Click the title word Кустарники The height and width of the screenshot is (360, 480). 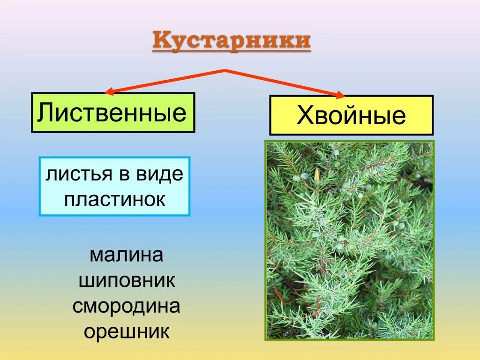[232, 41]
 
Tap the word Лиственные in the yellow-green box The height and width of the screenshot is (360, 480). [112, 112]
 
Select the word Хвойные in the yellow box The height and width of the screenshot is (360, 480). [351, 116]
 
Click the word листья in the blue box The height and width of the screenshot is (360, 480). [73, 175]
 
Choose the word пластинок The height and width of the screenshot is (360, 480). [115, 199]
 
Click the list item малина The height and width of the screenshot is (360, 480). [126, 256]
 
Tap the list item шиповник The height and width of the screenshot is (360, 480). [127, 281]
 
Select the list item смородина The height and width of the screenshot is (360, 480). [127, 307]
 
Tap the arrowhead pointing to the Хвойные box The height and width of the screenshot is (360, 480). [339, 95]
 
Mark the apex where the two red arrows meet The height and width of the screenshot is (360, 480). [225, 70]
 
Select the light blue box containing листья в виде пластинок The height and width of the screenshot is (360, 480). [114, 187]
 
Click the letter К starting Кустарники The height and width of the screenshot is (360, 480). [160, 41]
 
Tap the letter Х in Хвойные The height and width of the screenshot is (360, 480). [304, 116]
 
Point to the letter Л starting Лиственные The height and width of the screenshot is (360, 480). [45, 113]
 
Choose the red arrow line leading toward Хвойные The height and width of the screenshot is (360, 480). [281, 82]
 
